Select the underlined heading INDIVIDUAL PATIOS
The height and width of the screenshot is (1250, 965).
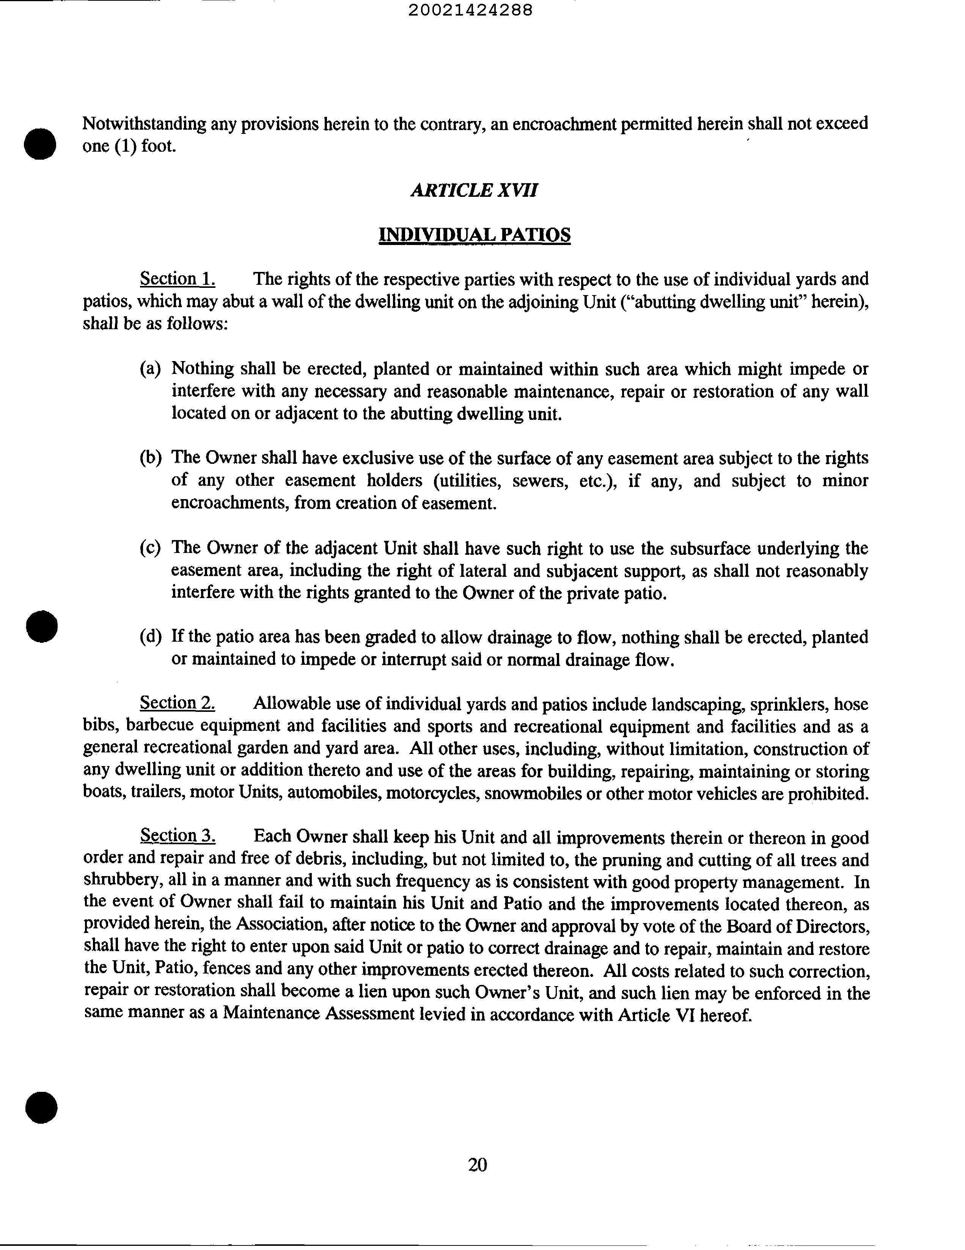(x=475, y=235)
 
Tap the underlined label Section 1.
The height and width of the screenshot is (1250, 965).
(x=178, y=279)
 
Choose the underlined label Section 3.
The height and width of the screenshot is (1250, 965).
(x=178, y=836)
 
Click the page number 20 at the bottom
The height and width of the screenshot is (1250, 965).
(x=477, y=1165)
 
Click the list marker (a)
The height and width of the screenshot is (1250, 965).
(x=150, y=369)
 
